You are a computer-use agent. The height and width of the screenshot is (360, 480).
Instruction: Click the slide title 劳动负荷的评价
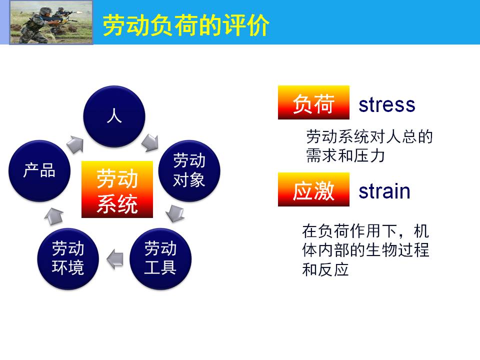(186, 25)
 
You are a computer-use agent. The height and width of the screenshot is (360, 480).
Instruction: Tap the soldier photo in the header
(51, 22)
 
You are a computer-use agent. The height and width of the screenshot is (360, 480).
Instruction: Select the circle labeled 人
(114, 116)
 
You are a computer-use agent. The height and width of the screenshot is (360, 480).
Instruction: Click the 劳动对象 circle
(189, 171)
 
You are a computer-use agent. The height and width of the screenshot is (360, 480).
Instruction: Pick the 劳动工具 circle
(160, 259)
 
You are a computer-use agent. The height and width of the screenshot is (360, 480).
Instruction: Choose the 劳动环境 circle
(68, 259)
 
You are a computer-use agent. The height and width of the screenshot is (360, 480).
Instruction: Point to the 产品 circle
(39, 171)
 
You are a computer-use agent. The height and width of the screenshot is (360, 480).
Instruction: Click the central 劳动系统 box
(117, 189)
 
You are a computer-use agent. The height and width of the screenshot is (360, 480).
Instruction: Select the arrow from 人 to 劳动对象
(150, 142)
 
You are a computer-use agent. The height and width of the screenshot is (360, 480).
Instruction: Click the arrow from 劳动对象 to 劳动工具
(175, 213)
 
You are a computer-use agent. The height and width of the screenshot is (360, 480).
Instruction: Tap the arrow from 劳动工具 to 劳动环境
(115, 259)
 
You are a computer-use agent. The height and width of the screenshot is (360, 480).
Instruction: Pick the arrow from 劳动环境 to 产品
(54, 216)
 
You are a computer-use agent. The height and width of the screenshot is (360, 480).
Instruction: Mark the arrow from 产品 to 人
(75, 144)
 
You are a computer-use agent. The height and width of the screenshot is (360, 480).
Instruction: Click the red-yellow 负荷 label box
(314, 102)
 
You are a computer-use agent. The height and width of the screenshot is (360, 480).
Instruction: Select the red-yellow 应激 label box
(314, 189)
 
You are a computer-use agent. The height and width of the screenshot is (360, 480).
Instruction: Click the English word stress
(387, 104)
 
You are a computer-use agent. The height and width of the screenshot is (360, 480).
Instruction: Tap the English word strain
(384, 191)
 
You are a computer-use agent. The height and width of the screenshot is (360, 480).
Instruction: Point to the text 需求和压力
(345, 155)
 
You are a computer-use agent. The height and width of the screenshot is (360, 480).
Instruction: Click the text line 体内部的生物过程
(365, 250)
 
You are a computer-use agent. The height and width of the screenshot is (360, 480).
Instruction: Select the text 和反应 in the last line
(325, 269)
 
